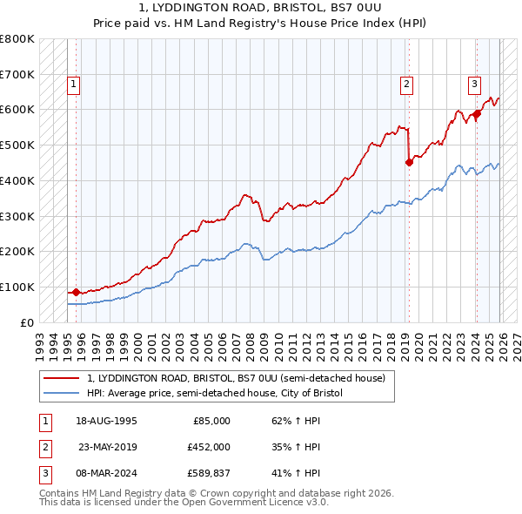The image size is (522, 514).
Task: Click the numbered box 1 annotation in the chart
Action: coord(73,85)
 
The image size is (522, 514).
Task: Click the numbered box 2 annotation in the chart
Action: coord(406,85)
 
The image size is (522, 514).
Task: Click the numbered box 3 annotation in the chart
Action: coord(474,85)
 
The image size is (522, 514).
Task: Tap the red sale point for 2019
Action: coord(409,161)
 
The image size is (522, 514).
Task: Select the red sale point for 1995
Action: coord(76,292)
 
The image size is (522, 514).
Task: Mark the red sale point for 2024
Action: coord(477,113)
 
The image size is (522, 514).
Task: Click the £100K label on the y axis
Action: coord(17,287)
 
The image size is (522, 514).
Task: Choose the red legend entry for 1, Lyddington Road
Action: coord(217,379)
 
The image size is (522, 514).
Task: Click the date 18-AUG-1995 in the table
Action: coord(107,421)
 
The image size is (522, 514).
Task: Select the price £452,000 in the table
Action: coord(209,448)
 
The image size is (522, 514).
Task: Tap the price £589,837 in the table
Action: coord(209,475)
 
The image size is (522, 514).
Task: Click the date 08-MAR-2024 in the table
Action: coord(107,475)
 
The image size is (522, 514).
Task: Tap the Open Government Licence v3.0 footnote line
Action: coord(184,503)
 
